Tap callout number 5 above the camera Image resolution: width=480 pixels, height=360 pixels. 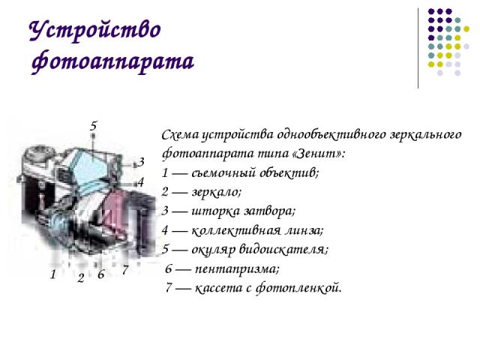tap(94, 126)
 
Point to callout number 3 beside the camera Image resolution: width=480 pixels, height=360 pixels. tap(141, 162)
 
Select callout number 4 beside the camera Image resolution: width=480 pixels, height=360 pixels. tap(140, 182)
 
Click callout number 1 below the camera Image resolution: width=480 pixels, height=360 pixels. tap(53, 274)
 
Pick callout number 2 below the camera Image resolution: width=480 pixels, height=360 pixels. tap(81, 278)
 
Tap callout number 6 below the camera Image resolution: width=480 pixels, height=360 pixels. tap(101, 274)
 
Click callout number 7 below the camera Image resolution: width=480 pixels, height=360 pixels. tap(125, 270)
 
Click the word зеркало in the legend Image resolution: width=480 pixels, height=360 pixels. tap(217, 192)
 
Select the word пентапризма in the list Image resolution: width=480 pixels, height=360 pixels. tap(237, 269)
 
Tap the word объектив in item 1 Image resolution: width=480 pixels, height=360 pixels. tap(289, 173)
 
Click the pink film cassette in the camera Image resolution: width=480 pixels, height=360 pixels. tap(114, 211)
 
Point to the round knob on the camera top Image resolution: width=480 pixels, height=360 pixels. tap(39, 154)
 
